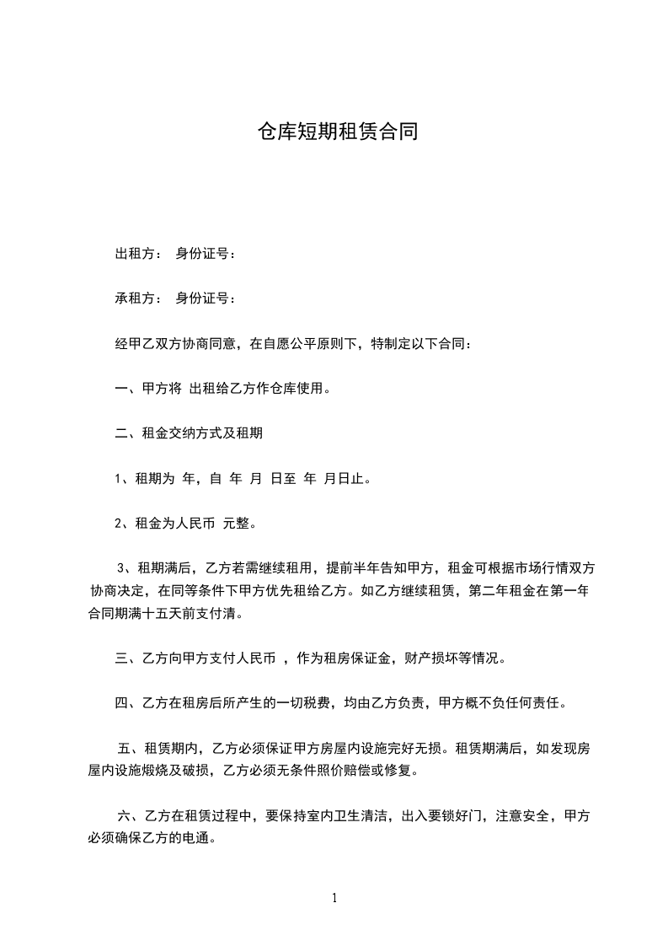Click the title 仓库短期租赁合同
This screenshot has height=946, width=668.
337,132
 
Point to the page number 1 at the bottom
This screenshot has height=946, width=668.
334,898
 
